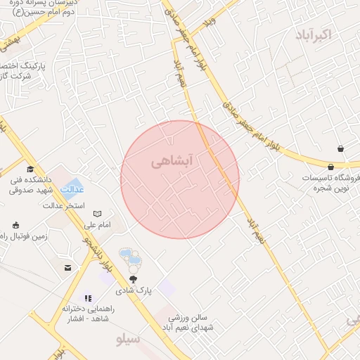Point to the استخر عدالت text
pos(65,206)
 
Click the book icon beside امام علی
pos(98,213)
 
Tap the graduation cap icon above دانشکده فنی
pos(30,169)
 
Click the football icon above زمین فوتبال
pos(15,225)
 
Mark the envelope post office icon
pos(67,268)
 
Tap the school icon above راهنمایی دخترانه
pos(87,297)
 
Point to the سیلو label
pos(128,340)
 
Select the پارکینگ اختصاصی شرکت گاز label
pos(23,70)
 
